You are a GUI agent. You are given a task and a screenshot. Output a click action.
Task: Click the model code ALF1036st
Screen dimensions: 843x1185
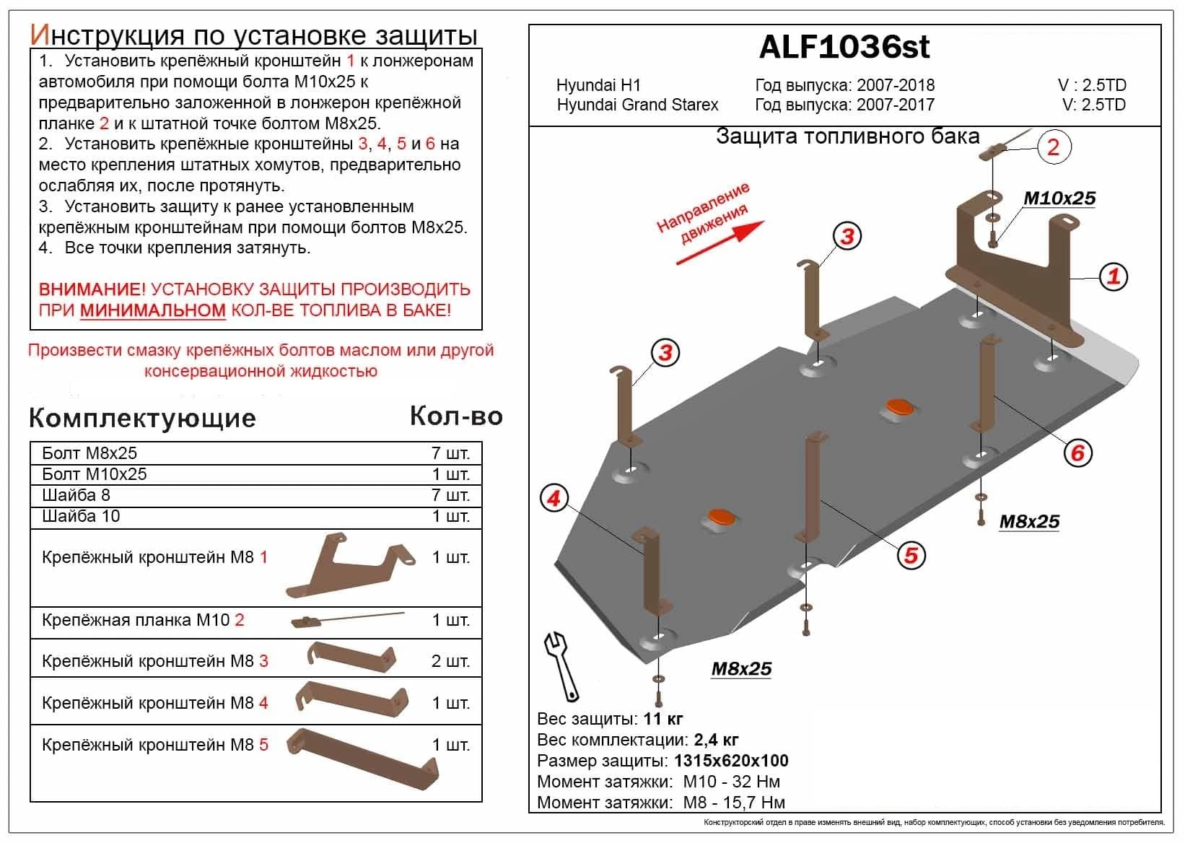[844, 48]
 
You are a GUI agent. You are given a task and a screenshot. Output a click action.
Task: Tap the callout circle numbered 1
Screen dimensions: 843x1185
[1114, 276]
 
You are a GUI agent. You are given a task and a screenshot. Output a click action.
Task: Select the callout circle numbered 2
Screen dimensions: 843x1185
[1053, 147]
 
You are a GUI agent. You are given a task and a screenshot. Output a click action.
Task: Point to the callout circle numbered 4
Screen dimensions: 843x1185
[554, 499]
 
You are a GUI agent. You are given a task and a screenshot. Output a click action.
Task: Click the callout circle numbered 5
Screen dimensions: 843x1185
[911, 554]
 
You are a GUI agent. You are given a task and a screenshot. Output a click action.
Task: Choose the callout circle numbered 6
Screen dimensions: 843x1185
[1077, 453]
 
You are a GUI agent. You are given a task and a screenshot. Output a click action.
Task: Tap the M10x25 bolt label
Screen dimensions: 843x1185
[1059, 198]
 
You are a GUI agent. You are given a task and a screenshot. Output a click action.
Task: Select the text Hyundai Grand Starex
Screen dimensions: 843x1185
[637, 105]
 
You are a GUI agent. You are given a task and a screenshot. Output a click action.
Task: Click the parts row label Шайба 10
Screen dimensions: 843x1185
[81, 516]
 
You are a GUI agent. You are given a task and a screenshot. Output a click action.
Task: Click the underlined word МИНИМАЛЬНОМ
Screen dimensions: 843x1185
[153, 310]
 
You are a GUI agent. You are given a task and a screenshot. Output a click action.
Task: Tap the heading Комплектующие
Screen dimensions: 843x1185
[142, 418]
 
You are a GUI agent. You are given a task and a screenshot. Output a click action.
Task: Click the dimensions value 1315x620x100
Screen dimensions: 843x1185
[731, 761]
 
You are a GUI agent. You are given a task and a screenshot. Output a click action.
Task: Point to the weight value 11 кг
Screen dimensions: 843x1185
[663, 719]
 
